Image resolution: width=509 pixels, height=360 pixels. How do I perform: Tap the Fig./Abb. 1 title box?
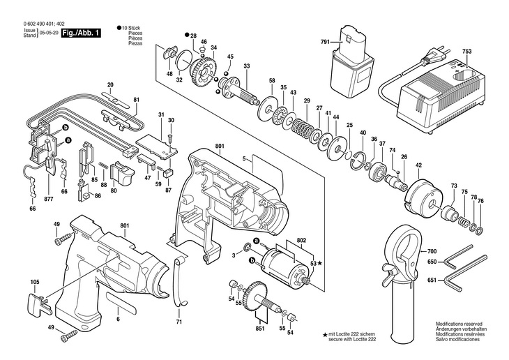pos(82,33)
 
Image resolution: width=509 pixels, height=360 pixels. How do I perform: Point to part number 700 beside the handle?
pos(432,250)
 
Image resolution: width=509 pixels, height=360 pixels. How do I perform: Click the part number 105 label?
pos(35,283)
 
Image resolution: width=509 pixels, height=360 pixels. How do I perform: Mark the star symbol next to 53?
pos(321,263)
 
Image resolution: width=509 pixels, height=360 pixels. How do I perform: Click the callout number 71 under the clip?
pos(179,322)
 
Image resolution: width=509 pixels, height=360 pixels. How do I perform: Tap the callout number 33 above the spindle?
pos(247,66)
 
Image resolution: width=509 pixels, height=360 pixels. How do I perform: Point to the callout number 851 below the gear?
pos(260,329)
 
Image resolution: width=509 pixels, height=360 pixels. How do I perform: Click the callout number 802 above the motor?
pos(301,240)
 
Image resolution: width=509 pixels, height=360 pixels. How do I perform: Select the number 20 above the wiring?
pos(110,85)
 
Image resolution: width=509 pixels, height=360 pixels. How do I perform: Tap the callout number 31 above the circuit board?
pos(161,114)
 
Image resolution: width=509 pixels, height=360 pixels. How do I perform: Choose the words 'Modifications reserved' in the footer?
pos(458,324)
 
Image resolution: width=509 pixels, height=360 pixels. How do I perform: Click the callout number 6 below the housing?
pos(118,320)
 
